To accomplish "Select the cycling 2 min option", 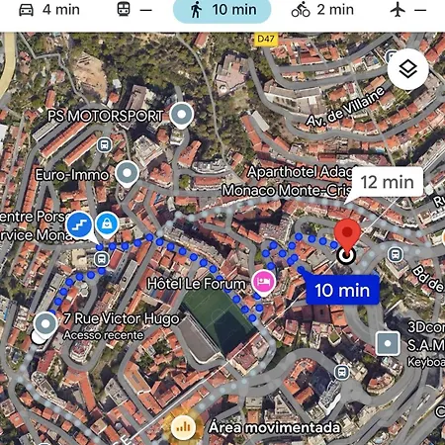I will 322,10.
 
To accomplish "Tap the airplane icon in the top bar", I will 399,10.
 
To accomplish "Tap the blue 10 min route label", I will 338,290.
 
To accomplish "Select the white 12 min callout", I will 387,182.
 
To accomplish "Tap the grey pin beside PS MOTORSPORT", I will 180,115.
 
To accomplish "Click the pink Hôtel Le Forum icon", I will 263,282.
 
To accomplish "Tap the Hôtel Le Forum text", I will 195,282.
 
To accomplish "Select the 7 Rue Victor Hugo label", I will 107,319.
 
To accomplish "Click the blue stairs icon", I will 80,224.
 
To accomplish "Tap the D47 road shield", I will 264,39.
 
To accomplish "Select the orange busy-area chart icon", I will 182,427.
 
